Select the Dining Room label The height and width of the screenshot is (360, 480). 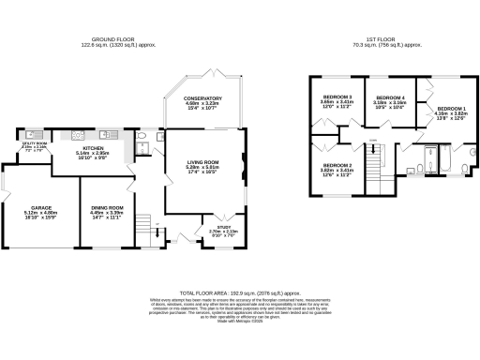click(106, 207)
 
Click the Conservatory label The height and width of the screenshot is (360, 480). click(202, 97)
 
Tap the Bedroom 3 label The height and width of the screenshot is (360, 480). click(337, 97)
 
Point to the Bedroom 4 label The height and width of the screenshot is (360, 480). click(390, 97)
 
